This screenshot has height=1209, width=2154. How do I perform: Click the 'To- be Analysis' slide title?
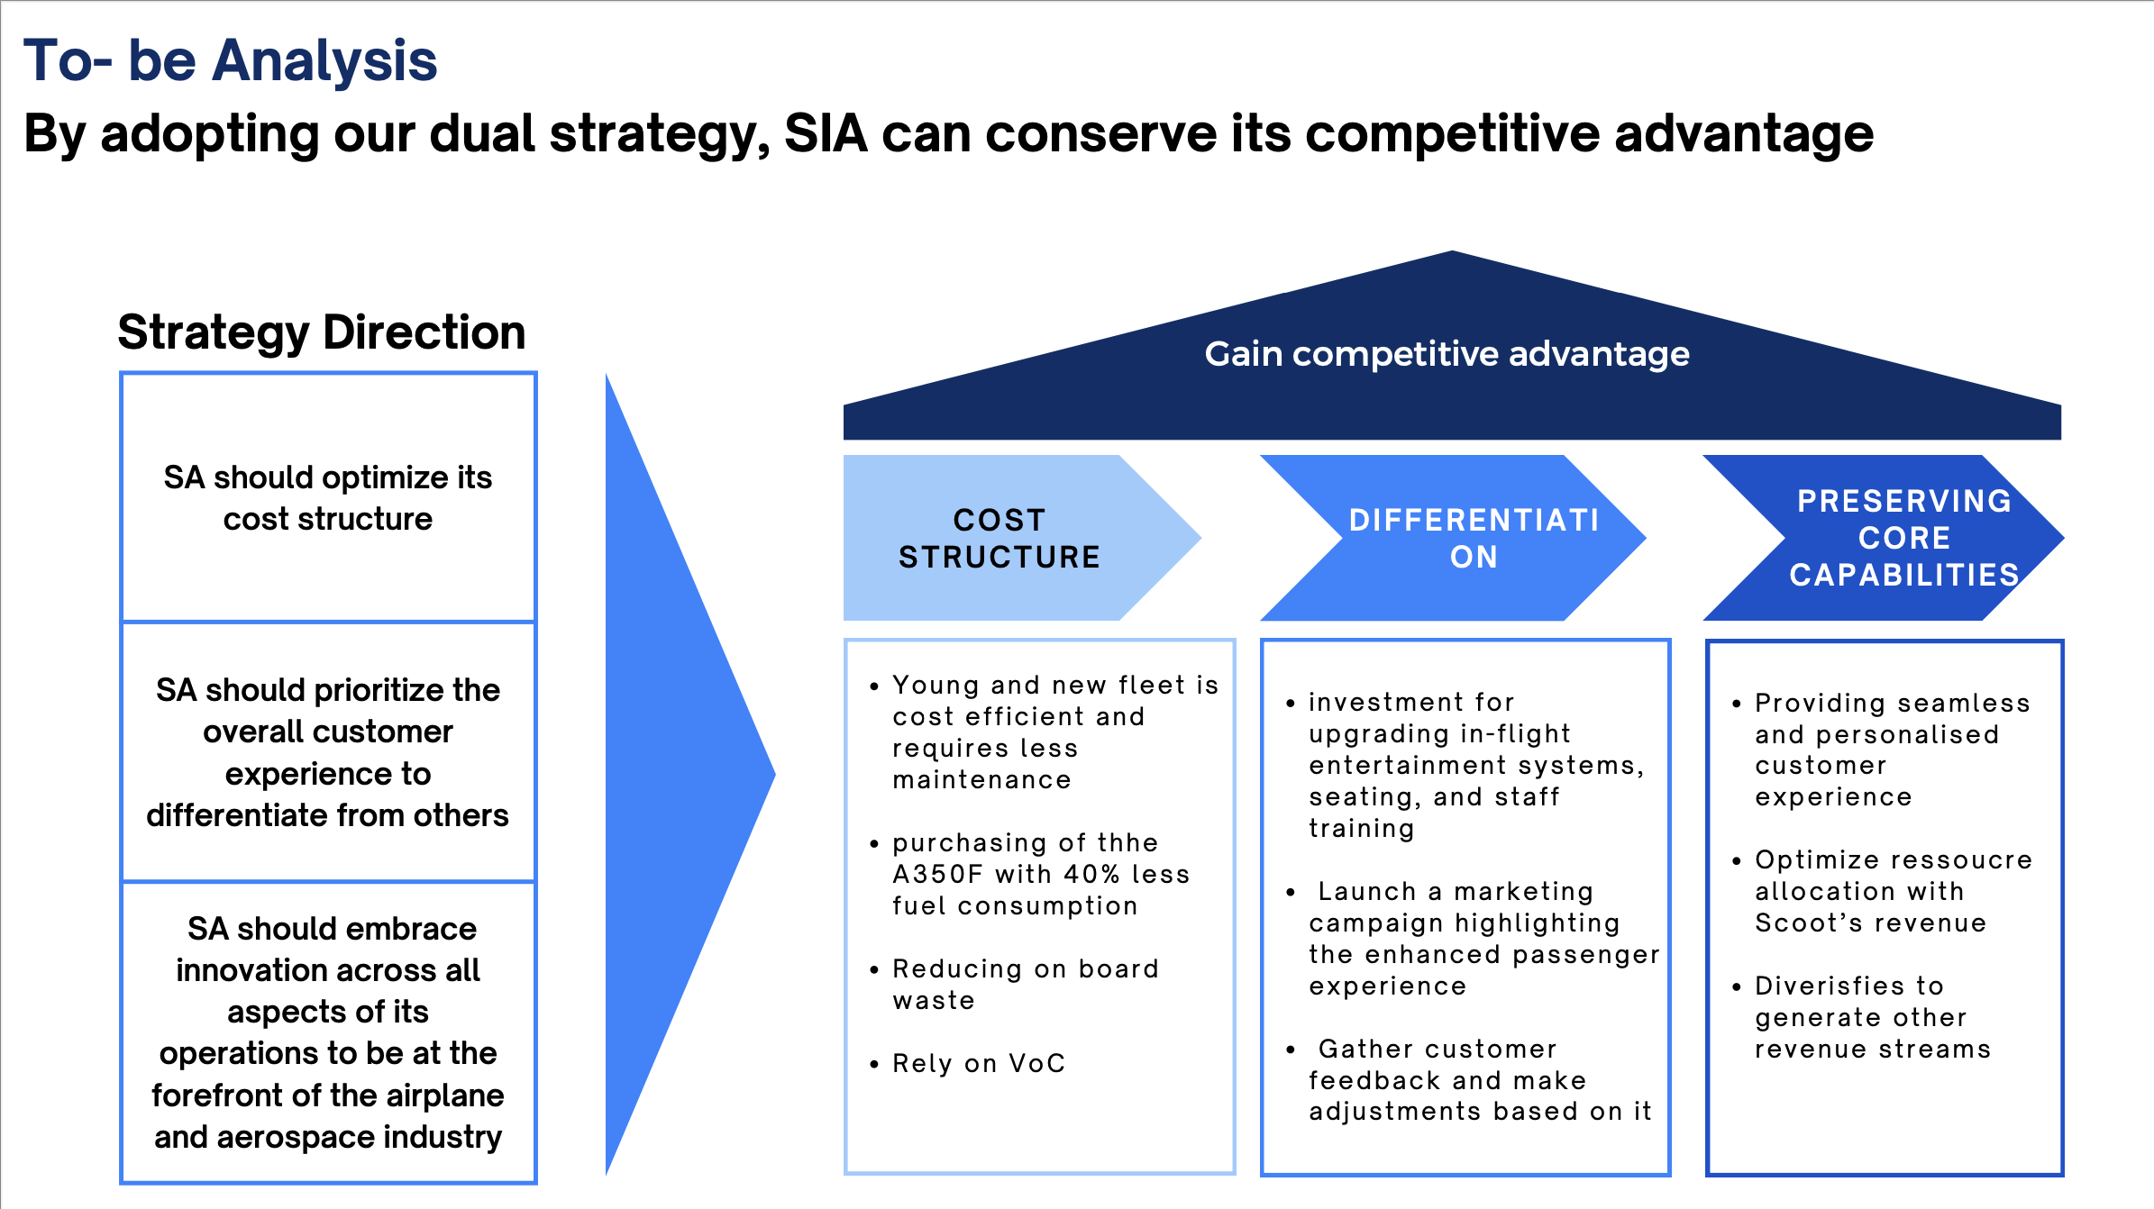pos(230,60)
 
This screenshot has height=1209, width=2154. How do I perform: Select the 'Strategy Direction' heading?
pos(322,332)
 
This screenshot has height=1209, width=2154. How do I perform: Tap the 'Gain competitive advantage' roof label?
pos(1447,354)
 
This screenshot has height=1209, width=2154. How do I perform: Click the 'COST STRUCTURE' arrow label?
pos(999,538)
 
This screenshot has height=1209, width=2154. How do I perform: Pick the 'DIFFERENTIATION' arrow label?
pos(1474,538)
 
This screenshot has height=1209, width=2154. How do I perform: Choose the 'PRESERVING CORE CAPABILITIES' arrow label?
pos(1903,538)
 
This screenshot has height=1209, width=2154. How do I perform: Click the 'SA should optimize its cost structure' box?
pos(328,497)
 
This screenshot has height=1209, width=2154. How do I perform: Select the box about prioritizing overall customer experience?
pos(328,752)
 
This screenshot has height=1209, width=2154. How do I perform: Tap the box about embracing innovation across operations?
pos(328,1032)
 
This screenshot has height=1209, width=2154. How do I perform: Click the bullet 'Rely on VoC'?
pos(979,1064)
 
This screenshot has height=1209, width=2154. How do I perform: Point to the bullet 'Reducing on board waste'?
pos(1025,985)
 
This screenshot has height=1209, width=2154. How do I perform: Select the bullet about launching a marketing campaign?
pos(1483,939)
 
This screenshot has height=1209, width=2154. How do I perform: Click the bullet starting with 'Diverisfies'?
pos(1872,1018)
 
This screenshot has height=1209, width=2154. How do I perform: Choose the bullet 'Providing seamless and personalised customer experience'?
pos(1892,750)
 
